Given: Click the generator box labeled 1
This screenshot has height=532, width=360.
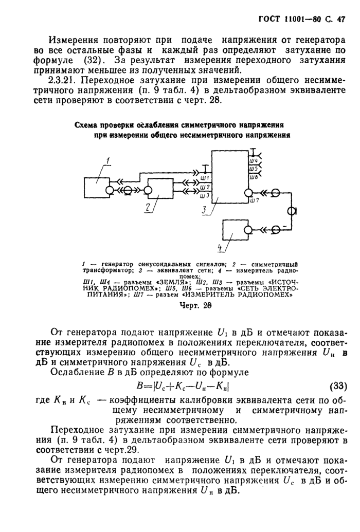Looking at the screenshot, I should pos(96,187).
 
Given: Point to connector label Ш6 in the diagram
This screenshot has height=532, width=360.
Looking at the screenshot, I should pos(253,177).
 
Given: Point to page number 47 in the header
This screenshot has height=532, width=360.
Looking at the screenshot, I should pos(340,20).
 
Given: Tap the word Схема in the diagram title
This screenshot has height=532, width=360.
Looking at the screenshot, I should pos(89,125).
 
